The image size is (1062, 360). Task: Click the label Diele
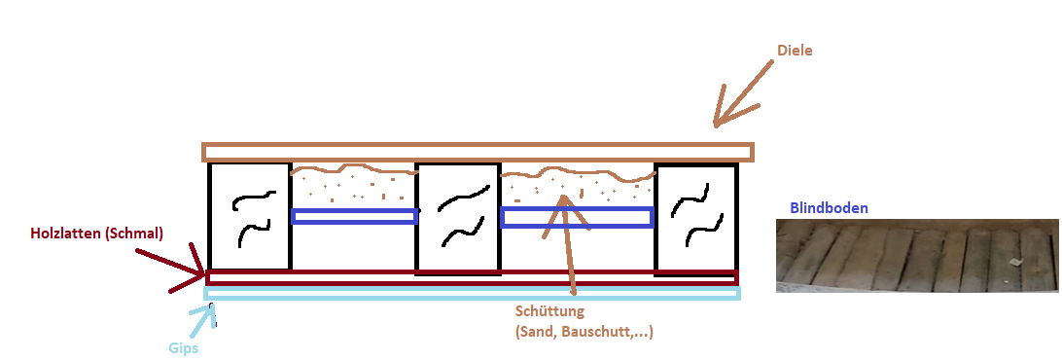click(x=794, y=51)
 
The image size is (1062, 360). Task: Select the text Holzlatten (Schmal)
click(x=97, y=234)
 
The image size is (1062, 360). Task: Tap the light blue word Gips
click(x=183, y=349)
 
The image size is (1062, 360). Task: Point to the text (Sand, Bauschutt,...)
click(x=584, y=333)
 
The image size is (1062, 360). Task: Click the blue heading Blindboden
click(x=829, y=208)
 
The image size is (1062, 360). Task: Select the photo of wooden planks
click(x=917, y=256)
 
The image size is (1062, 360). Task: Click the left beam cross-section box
click(x=250, y=216)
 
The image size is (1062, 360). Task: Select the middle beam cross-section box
click(x=458, y=216)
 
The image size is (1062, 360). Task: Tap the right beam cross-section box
click(x=696, y=216)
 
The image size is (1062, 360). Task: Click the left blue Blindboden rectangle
click(x=354, y=216)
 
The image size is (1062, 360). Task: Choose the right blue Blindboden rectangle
click(x=577, y=217)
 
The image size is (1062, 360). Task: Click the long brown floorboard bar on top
click(x=478, y=152)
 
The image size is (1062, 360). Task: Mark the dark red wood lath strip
click(x=472, y=277)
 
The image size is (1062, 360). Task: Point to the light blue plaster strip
click(x=472, y=293)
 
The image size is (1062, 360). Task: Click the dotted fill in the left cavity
click(x=354, y=187)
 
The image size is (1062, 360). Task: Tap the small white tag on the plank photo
click(x=1014, y=262)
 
